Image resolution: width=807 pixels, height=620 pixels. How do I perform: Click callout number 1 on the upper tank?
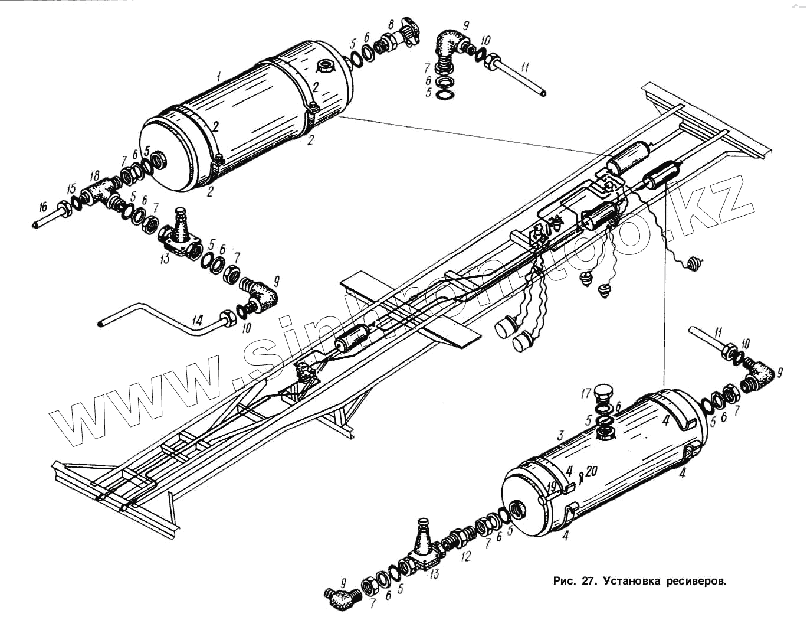click(x=219, y=76)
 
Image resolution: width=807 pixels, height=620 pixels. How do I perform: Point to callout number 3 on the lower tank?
click(x=561, y=435)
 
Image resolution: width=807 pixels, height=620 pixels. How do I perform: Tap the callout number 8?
click(x=391, y=25)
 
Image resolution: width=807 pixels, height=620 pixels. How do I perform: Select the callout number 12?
click(x=466, y=556)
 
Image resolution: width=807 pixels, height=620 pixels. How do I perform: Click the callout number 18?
click(x=94, y=175)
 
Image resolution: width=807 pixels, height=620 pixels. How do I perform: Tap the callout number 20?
click(x=592, y=471)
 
